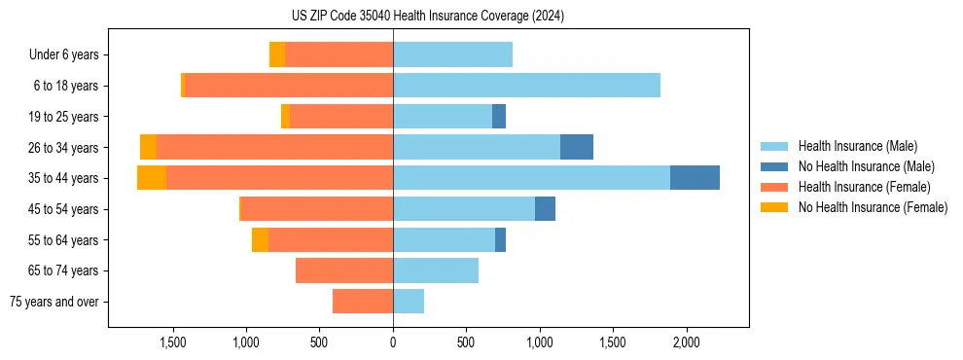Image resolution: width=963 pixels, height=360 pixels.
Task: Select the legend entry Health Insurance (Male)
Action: (x=857, y=146)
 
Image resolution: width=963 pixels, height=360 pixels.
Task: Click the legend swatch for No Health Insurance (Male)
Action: (x=774, y=166)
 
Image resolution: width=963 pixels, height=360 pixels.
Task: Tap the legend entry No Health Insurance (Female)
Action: (x=873, y=207)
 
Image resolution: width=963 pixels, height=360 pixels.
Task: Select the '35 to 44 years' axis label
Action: (x=63, y=178)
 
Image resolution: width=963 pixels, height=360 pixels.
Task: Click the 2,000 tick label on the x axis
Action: (x=687, y=343)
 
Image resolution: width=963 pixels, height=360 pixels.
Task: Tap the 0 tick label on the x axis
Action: (x=393, y=343)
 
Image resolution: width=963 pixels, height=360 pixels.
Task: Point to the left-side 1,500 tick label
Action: (x=172, y=343)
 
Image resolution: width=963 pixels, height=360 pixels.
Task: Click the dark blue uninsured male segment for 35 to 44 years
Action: (x=695, y=178)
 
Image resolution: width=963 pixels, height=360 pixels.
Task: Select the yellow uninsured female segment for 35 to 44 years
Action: (x=152, y=178)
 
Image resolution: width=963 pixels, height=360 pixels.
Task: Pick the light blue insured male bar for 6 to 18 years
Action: (x=526, y=86)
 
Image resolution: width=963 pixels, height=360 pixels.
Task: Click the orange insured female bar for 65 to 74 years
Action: (x=344, y=270)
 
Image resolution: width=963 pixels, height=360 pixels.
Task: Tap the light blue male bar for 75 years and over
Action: (x=409, y=302)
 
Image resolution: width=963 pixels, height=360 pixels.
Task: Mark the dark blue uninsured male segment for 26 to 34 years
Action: (x=577, y=147)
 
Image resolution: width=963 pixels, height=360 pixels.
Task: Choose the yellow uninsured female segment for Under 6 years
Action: (x=277, y=55)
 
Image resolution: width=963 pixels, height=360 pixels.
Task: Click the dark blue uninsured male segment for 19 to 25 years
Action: (x=499, y=117)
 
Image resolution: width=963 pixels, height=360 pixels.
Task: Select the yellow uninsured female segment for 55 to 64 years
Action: (x=260, y=240)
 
